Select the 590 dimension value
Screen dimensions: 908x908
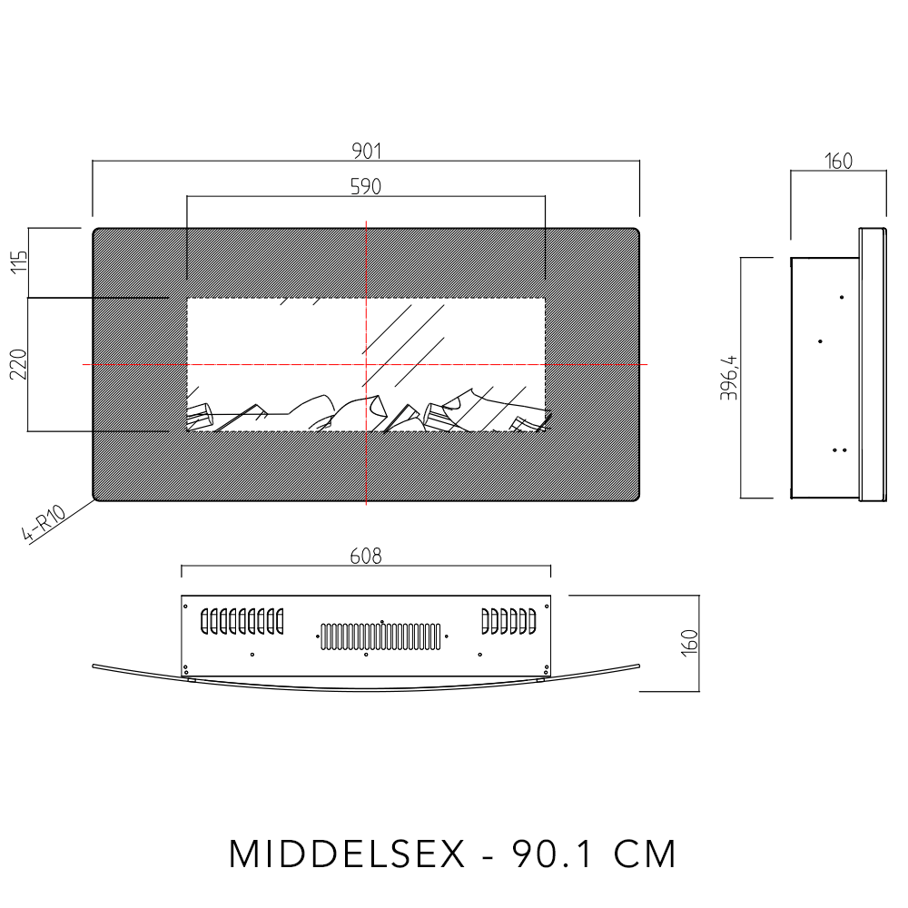(366, 185)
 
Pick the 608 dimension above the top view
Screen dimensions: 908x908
(366, 557)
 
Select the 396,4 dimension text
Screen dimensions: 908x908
(733, 377)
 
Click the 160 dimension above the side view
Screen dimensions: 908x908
(838, 162)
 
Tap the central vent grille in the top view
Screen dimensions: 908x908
(381, 636)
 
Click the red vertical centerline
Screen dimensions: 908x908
(366, 472)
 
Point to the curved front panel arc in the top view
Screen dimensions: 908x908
(366, 689)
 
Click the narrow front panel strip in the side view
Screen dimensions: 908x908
(873, 363)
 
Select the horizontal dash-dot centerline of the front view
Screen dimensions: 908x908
(136, 364)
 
